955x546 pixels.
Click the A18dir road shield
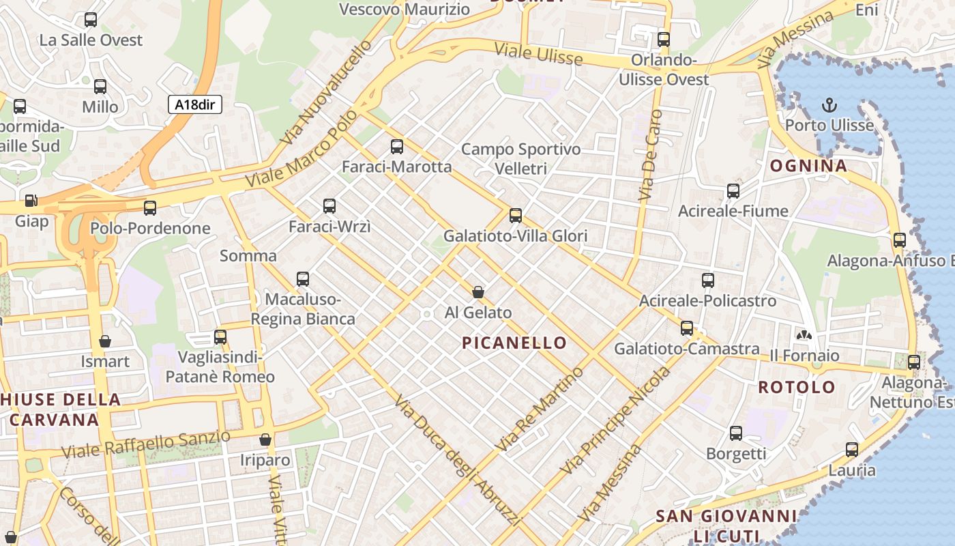194,104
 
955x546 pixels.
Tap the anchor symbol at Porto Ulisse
829,105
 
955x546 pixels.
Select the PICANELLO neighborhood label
514,343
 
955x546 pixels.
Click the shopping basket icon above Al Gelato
478,292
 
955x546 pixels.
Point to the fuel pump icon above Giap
31,201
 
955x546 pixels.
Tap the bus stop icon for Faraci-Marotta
396,146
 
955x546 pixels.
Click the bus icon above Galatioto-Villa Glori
515,216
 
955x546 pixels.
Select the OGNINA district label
808,165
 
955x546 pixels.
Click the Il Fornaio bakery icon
804,334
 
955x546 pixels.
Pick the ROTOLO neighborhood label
796,387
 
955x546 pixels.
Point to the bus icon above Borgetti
735,433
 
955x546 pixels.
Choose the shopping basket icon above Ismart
105,341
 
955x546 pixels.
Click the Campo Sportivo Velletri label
520,158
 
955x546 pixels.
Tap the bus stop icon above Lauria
851,449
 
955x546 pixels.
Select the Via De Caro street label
650,156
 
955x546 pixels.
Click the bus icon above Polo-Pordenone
149,208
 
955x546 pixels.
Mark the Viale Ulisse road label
538,53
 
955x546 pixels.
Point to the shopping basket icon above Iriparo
265,440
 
